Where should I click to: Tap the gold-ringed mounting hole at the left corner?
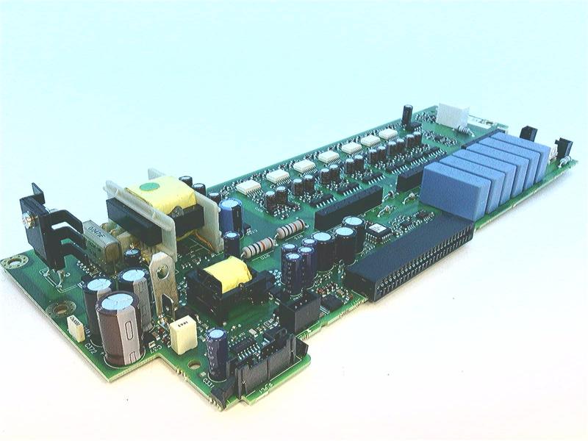click(x=12, y=262)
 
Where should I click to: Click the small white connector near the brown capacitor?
click(x=76, y=326)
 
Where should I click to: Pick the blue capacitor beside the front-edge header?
click(x=216, y=353)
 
